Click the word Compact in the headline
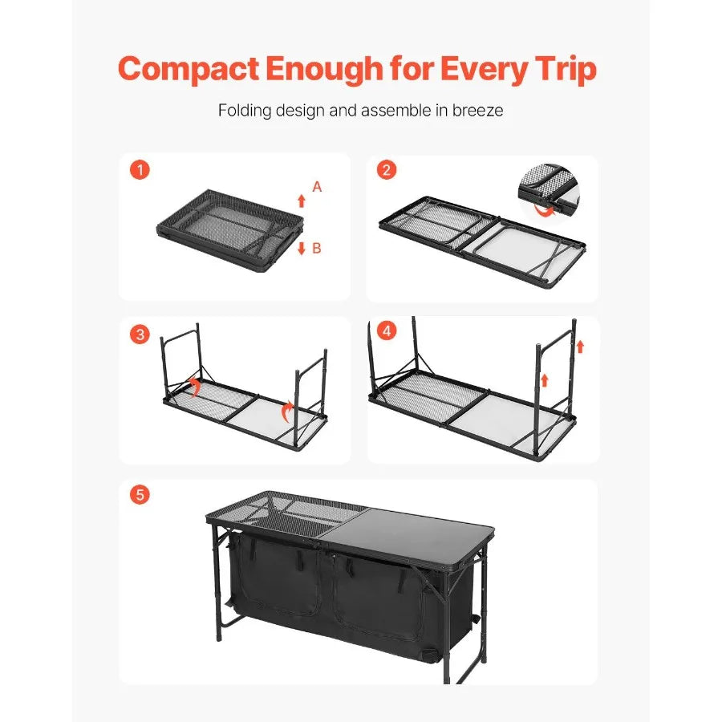[x=187, y=70]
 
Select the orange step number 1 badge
[x=140, y=170]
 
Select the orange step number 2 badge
[x=387, y=170]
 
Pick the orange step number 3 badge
[x=140, y=335]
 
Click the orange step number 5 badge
[x=140, y=495]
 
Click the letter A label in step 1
[x=317, y=186]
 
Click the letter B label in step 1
[x=316, y=249]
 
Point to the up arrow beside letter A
[x=302, y=201]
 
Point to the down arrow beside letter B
[x=302, y=248]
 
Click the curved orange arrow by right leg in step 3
[x=285, y=412]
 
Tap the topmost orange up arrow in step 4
[x=580, y=347]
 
